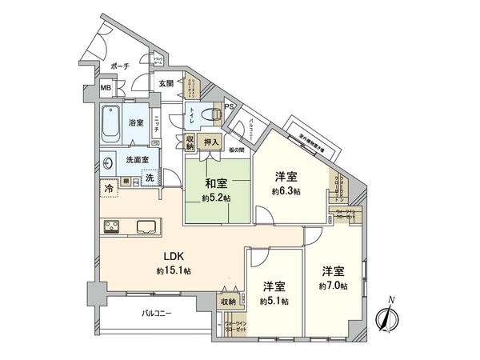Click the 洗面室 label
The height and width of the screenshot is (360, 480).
pyautogui.click(x=138, y=160)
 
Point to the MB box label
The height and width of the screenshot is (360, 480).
pyautogui.click(x=106, y=89)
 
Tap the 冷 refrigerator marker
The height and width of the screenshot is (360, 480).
pyautogui.click(x=108, y=189)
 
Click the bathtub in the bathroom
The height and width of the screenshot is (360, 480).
pyautogui.click(x=111, y=121)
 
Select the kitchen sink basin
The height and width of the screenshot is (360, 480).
pyautogui.click(x=147, y=226)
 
